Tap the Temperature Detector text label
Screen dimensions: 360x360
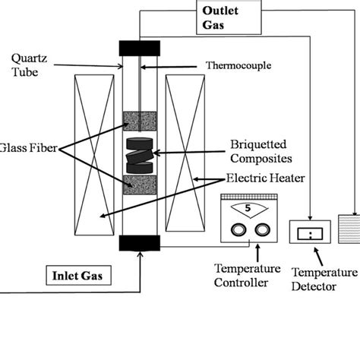[x=324, y=279]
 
